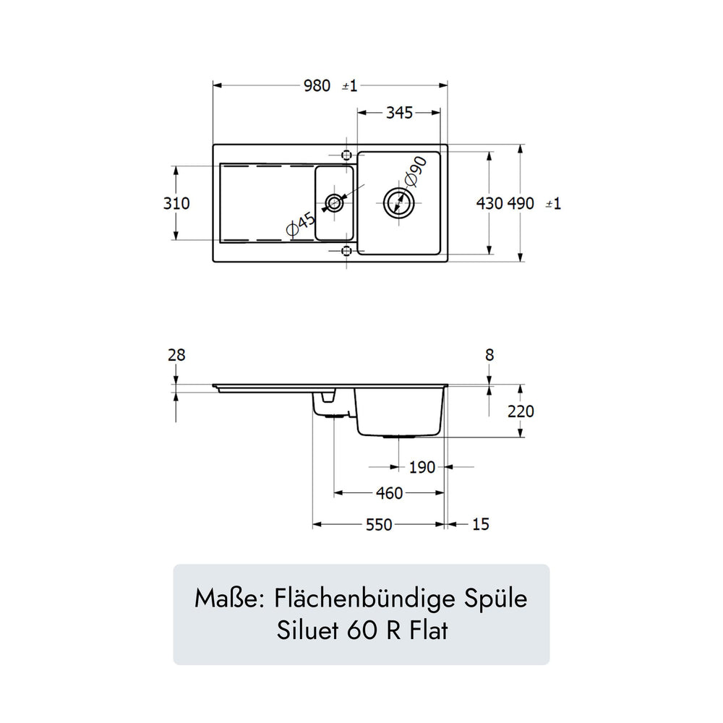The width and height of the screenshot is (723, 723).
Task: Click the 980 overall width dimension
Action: pyautogui.click(x=317, y=86)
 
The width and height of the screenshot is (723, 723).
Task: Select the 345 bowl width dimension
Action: pyautogui.click(x=399, y=113)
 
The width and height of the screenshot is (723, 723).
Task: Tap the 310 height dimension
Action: pyautogui.click(x=176, y=203)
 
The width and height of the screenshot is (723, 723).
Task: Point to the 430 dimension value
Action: pyautogui.click(x=489, y=203)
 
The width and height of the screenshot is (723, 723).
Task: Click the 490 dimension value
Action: pyautogui.click(x=521, y=203)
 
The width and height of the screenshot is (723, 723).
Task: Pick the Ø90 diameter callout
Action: pyautogui.click(x=414, y=171)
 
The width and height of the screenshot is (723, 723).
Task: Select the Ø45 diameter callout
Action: pyautogui.click(x=301, y=223)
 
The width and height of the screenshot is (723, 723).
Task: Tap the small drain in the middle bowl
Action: pyautogui.click(x=334, y=203)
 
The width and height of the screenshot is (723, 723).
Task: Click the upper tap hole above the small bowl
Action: pyautogui.click(x=347, y=155)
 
